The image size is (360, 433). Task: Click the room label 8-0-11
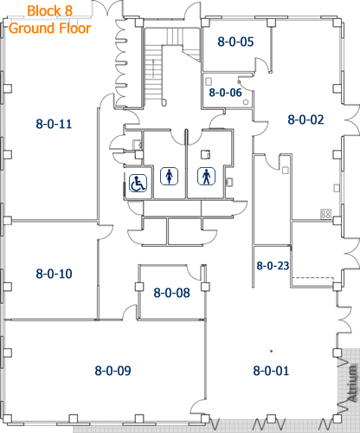coord(53,124)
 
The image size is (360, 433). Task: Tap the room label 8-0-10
coord(54,274)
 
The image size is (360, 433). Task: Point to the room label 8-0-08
coord(171,293)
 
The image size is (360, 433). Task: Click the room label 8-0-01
coord(271,371)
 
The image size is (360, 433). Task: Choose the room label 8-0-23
coord(272,266)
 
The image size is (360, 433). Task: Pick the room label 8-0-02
coord(305,120)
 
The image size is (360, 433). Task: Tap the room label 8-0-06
coord(225,92)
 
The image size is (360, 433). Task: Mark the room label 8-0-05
coord(235,41)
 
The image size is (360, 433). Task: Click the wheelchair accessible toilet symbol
coord(138,184)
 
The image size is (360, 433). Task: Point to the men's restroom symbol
coord(206,176)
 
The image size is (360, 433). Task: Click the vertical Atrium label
coord(352,385)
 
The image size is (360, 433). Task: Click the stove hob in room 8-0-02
coord(326,213)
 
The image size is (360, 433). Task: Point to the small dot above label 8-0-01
coord(271,351)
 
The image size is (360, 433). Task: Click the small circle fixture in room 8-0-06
coord(247,101)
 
